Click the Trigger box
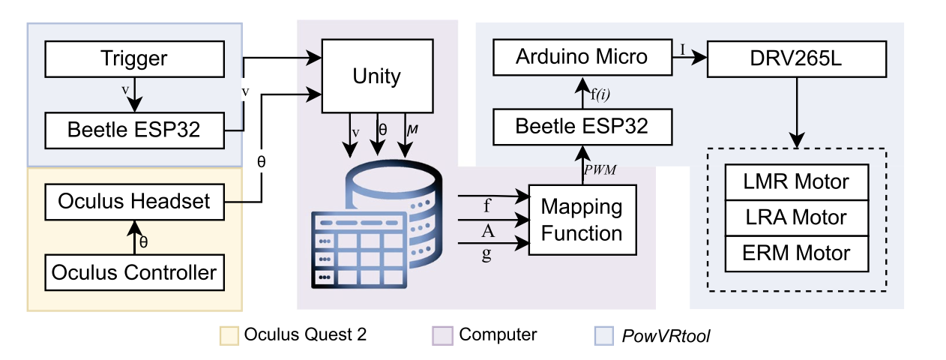click(x=135, y=58)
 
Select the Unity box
click(x=377, y=76)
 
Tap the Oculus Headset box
click(x=135, y=201)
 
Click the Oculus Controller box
click(x=135, y=271)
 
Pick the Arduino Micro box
click(x=581, y=58)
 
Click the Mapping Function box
click(x=582, y=220)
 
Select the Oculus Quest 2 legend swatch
click(x=229, y=335)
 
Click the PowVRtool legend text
click(x=666, y=336)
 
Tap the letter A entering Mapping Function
click(x=488, y=231)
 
